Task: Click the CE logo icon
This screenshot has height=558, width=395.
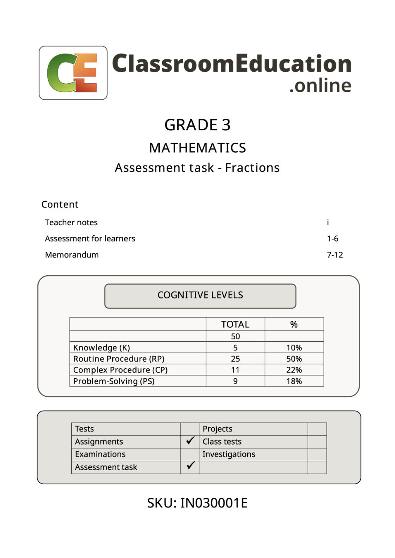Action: point(73,73)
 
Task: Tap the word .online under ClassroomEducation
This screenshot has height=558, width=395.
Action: point(320,86)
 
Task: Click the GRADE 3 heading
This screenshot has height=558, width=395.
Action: point(197,125)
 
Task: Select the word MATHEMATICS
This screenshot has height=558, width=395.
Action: point(197,148)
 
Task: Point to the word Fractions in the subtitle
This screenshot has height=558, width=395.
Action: point(252,168)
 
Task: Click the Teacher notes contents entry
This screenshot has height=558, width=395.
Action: point(71,223)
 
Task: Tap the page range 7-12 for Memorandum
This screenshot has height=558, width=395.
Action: point(335,255)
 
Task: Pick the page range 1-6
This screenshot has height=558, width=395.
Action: point(333,239)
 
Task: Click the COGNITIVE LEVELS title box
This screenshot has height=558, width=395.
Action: point(200,295)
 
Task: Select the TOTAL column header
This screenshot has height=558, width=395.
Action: point(235,324)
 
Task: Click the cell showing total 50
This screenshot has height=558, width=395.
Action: point(235,336)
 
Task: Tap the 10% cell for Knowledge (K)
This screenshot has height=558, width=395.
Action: point(294,348)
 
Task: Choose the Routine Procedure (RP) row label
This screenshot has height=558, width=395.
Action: point(119,359)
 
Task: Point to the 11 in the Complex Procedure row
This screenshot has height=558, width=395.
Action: point(235,370)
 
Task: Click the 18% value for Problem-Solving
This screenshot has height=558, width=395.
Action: point(294,381)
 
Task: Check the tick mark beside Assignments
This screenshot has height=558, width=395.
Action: point(190,441)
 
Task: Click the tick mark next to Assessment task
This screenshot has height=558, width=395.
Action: point(190,466)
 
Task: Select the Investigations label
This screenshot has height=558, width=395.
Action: point(229,454)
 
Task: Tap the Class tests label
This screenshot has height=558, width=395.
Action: point(222,442)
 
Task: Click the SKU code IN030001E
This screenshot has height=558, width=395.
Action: point(214,503)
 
